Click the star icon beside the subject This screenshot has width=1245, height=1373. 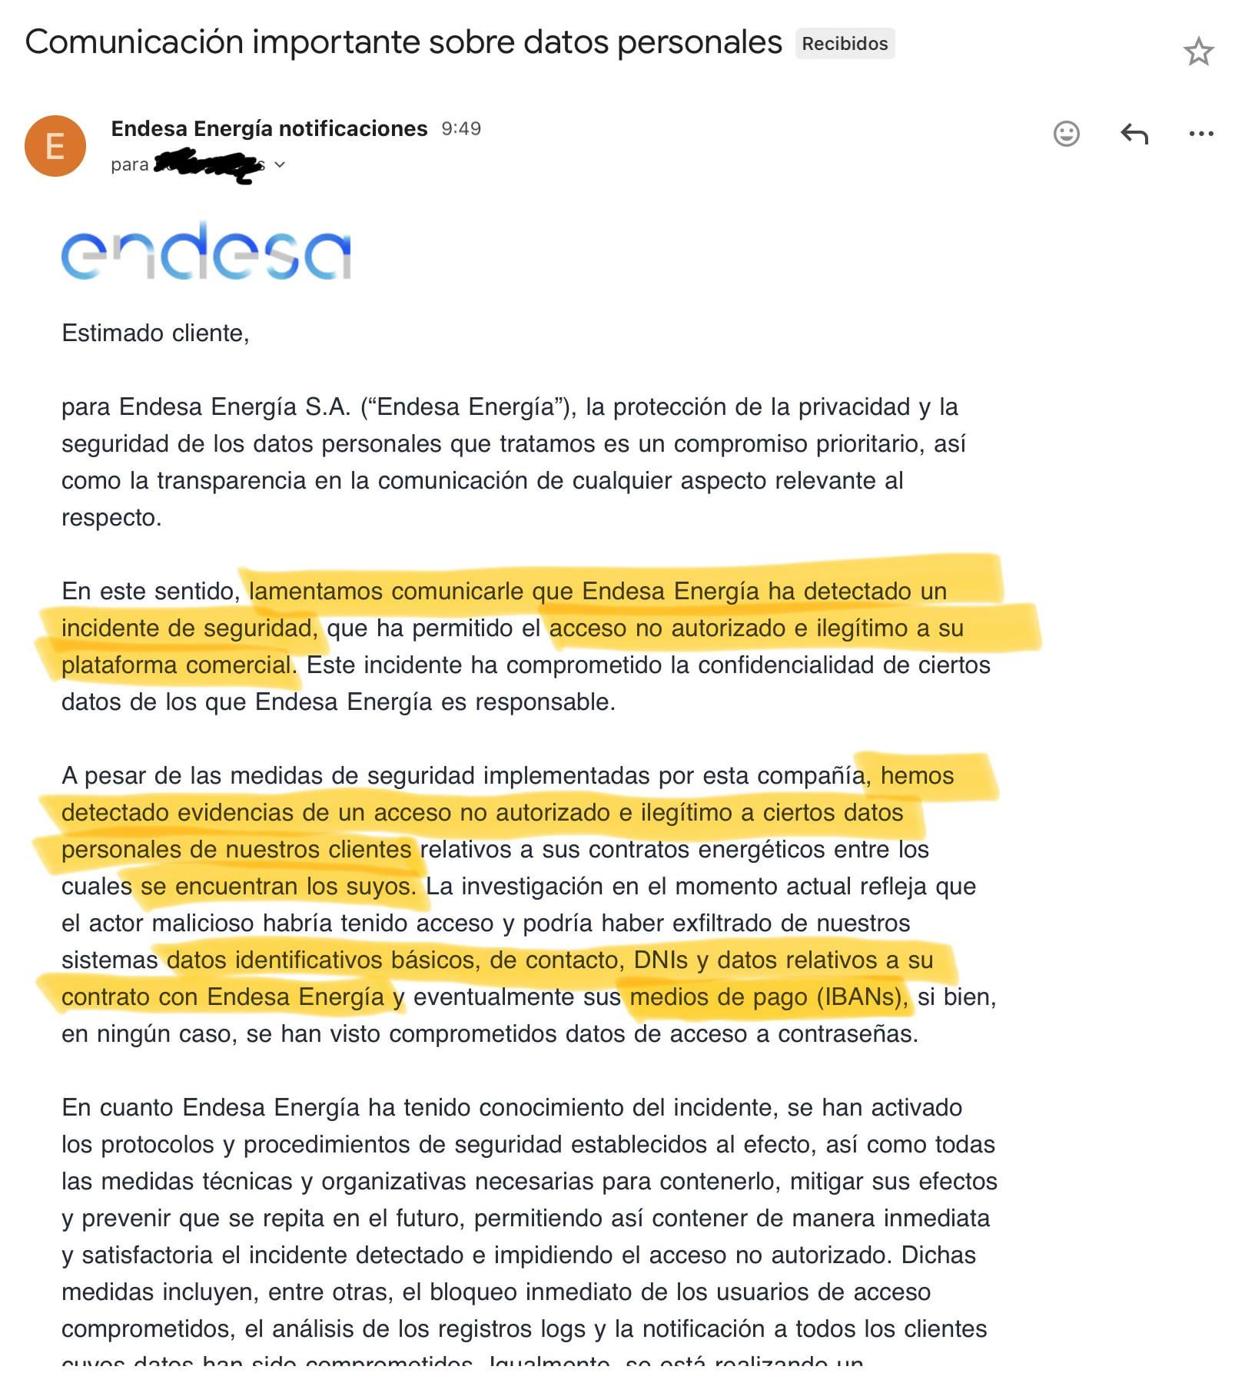pyautogui.click(x=1197, y=51)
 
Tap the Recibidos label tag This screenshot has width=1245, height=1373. pyautogui.click(x=845, y=44)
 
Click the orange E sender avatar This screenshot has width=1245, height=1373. pyautogui.click(x=55, y=146)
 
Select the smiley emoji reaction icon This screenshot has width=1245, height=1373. pyautogui.click(x=1066, y=134)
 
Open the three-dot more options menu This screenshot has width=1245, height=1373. pyautogui.click(x=1200, y=134)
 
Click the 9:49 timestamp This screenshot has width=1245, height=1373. pyautogui.click(x=461, y=128)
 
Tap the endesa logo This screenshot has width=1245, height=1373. pyautogui.click(x=206, y=252)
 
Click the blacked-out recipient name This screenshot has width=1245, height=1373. pyautogui.click(x=207, y=165)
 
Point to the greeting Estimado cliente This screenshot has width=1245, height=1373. pyautogui.click(x=155, y=333)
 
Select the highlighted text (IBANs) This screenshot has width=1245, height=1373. pyautogui.click(x=861, y=997)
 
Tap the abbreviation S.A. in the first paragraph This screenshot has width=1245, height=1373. pyautogui.click(x=328, y=407)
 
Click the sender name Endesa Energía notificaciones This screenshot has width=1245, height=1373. pyautogui.click(x=269, y=128)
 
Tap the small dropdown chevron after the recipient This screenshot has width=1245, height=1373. pyautogui.click(x=280, y=164)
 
